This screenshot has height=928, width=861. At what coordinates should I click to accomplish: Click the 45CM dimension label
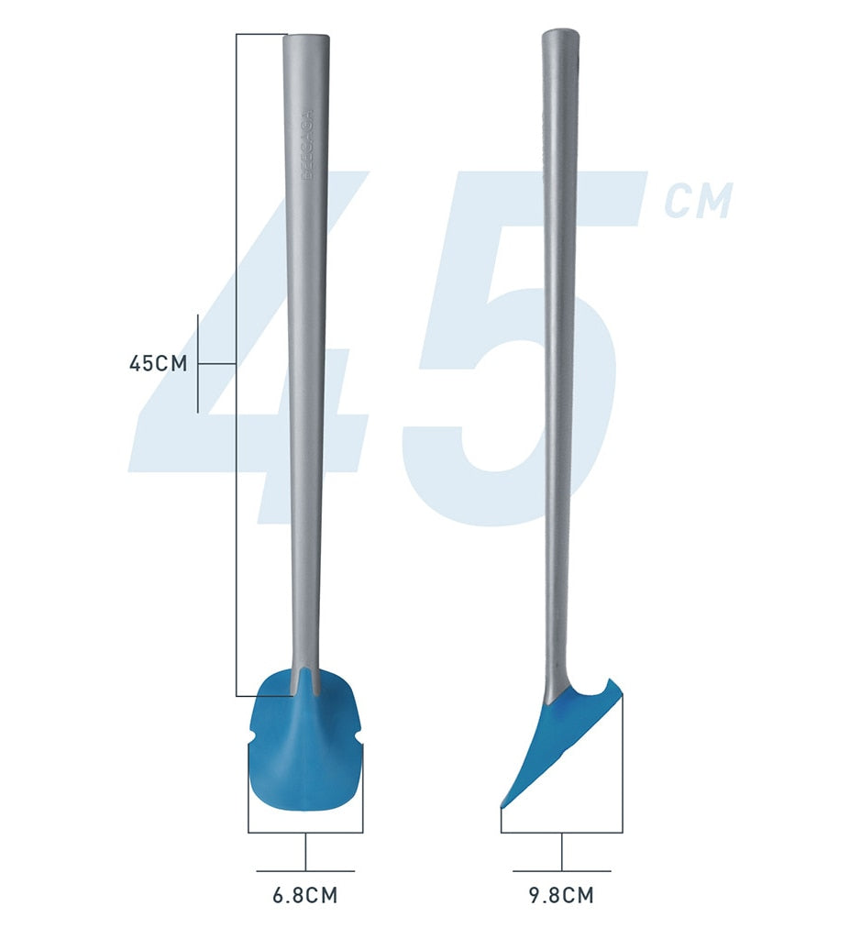point(158,363)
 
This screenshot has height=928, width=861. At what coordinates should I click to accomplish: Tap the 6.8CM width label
point(305,895)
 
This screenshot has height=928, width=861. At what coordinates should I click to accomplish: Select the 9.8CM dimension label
point(561,895)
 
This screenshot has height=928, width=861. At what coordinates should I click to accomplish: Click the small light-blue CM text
point(699,202)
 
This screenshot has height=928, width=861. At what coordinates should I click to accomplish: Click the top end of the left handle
point(306,39)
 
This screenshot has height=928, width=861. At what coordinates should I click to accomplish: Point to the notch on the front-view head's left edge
point(252,738)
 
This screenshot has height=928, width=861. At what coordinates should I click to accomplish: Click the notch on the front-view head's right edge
point(359,738)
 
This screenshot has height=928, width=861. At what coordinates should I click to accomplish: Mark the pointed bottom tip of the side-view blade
point(502,805)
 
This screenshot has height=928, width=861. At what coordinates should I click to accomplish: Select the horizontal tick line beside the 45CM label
point(217,364)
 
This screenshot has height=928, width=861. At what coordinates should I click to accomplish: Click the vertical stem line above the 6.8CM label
point(305,851)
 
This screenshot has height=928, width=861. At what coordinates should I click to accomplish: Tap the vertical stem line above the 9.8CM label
point(561,851)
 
